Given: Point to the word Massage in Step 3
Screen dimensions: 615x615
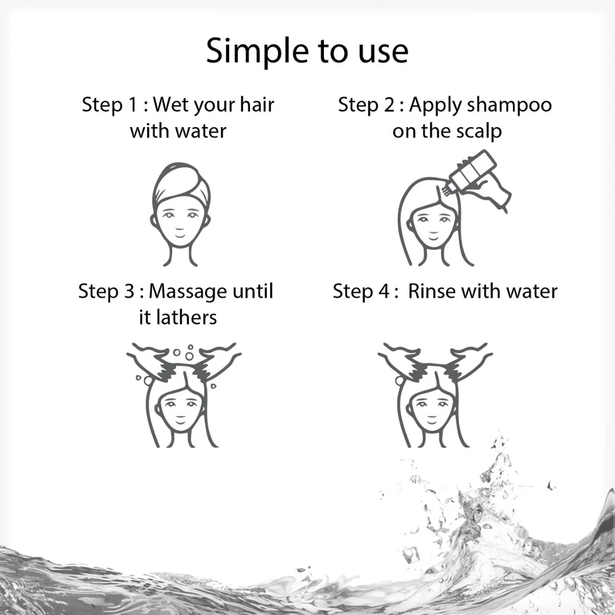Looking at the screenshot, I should [187, 291].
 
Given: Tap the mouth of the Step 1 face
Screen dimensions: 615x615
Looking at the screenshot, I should [182, 229].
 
